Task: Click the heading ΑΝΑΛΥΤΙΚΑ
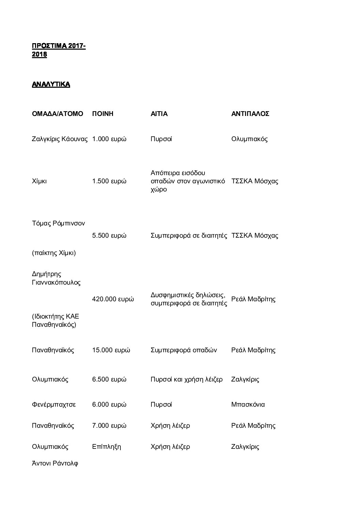[x=51, y=84]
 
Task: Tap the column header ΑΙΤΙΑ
[x=159, y=114]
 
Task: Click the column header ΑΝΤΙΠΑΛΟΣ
[x=250, y=114]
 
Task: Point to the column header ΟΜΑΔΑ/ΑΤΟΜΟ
[x=58, y=114]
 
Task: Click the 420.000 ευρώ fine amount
[x=113, y=299]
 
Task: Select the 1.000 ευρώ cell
[x=109, y=139]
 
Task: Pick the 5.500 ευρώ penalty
[x=109, y=236]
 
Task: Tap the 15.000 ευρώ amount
[x=111, y=350]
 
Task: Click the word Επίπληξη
[x=107, y=447]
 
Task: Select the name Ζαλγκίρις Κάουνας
[x=60, y=139]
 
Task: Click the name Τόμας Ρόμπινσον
[x=59, y=223]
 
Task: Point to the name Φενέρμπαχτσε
[x=54, y=405]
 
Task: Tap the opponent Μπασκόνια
[x=248, y=405]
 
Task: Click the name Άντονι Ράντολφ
[x=55, y=463]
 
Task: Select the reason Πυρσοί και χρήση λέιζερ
[x=186, y=379]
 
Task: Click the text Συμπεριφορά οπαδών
[x=184, y=350]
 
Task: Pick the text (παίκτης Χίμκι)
[x=54, y=253]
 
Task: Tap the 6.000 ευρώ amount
[x=109, y=405]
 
